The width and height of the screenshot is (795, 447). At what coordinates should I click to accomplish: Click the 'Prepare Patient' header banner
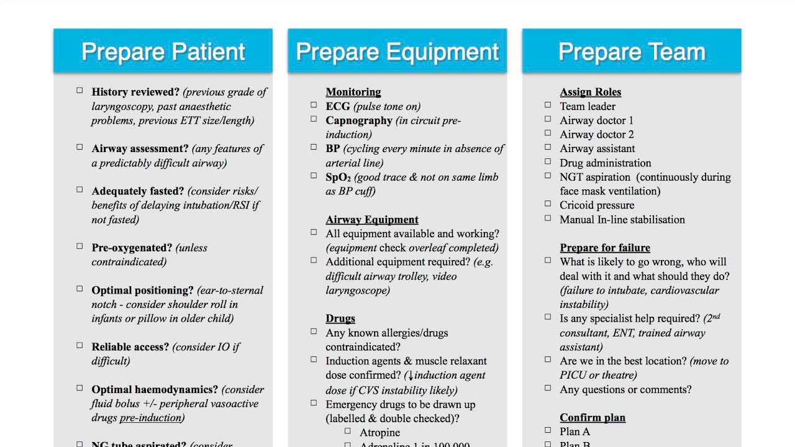click(x=163, y=51)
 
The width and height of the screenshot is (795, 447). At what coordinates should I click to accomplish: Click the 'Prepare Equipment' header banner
click(x=397, y=51)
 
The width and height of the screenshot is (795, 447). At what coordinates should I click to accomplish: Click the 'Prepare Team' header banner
click(x=631, y=51)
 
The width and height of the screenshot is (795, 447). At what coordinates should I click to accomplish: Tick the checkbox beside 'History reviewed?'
click(x=79, y=91)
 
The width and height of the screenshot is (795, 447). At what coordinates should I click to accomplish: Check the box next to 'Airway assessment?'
click(x=79, y=147)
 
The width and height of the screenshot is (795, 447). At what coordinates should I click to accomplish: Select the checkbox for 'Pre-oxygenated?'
click(x=79, y=246)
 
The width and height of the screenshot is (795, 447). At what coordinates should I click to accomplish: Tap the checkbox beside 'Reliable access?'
click(x=79, y=345)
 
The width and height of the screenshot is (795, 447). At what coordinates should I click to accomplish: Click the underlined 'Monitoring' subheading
click(x=353, y=92)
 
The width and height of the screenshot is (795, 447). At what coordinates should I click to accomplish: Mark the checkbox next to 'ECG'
click(x=314, y=105)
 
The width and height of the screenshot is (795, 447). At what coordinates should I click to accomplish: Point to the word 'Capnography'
click(x=359, y=120)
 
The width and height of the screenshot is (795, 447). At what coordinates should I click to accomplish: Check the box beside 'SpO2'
click(x=314, y=176)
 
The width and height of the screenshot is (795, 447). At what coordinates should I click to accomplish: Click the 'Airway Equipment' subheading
click(x=372, y=220)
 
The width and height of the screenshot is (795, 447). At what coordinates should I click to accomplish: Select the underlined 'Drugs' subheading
click(x=340, y=318)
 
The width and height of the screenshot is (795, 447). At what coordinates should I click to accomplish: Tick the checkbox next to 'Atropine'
click(x=348, y=431)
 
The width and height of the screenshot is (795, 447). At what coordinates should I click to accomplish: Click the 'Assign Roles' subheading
click(x=590, y=92)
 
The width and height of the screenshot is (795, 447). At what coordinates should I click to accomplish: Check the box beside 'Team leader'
click(x=548, y=105)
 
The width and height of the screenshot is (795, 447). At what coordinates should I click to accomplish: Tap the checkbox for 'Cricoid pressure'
click(x=548, y=204)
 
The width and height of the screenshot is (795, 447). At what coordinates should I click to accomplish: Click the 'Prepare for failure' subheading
click(x=605, y=248)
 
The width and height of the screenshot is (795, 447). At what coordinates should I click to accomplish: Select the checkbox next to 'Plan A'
click(x=548, y=430)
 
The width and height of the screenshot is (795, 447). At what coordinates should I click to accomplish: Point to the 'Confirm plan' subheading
click(x=593, y=418)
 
